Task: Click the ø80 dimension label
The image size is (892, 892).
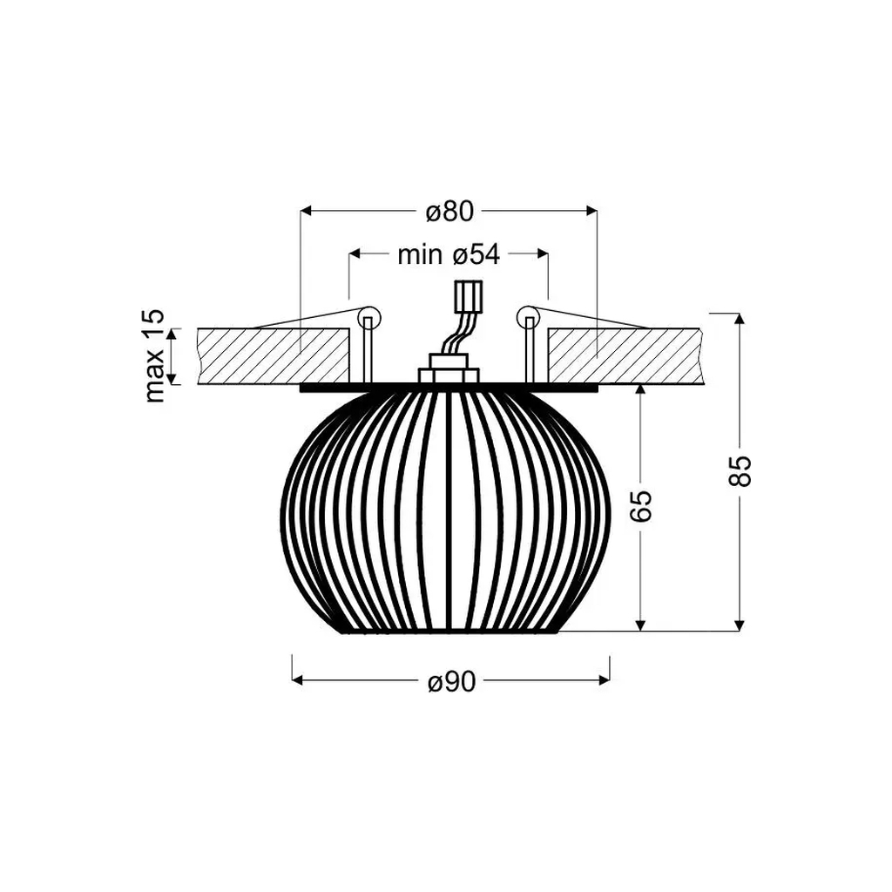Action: (449, 212)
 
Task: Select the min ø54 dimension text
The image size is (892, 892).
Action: (449, 254)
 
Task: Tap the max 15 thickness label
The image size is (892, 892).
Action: (153, 355)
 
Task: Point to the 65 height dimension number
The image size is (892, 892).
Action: (641, 505)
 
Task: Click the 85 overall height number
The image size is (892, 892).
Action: (740, 470)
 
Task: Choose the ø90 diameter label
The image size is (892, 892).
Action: (451, 682)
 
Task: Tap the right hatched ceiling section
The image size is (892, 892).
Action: (623, 355)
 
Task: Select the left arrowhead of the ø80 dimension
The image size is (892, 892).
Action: (306, 211)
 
